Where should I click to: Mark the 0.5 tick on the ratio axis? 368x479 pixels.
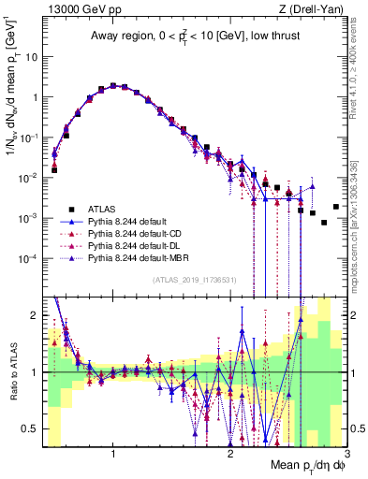pyautogui.click(x=31, y=429)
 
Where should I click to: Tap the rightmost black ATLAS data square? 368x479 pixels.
pyautogui.click(x=336, y=207)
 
